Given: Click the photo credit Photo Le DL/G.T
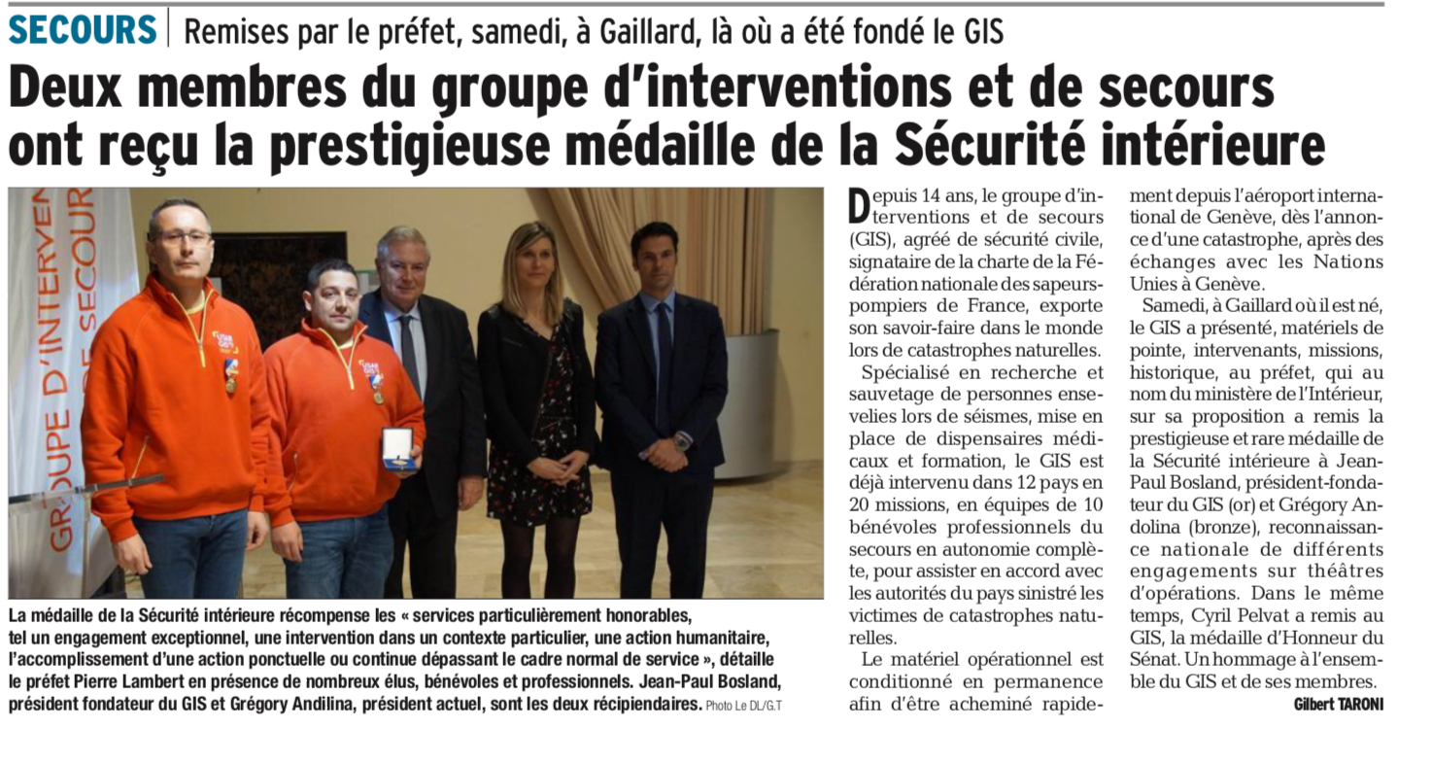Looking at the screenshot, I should pos(743,707).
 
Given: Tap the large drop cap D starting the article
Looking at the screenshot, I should pos(857,205).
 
